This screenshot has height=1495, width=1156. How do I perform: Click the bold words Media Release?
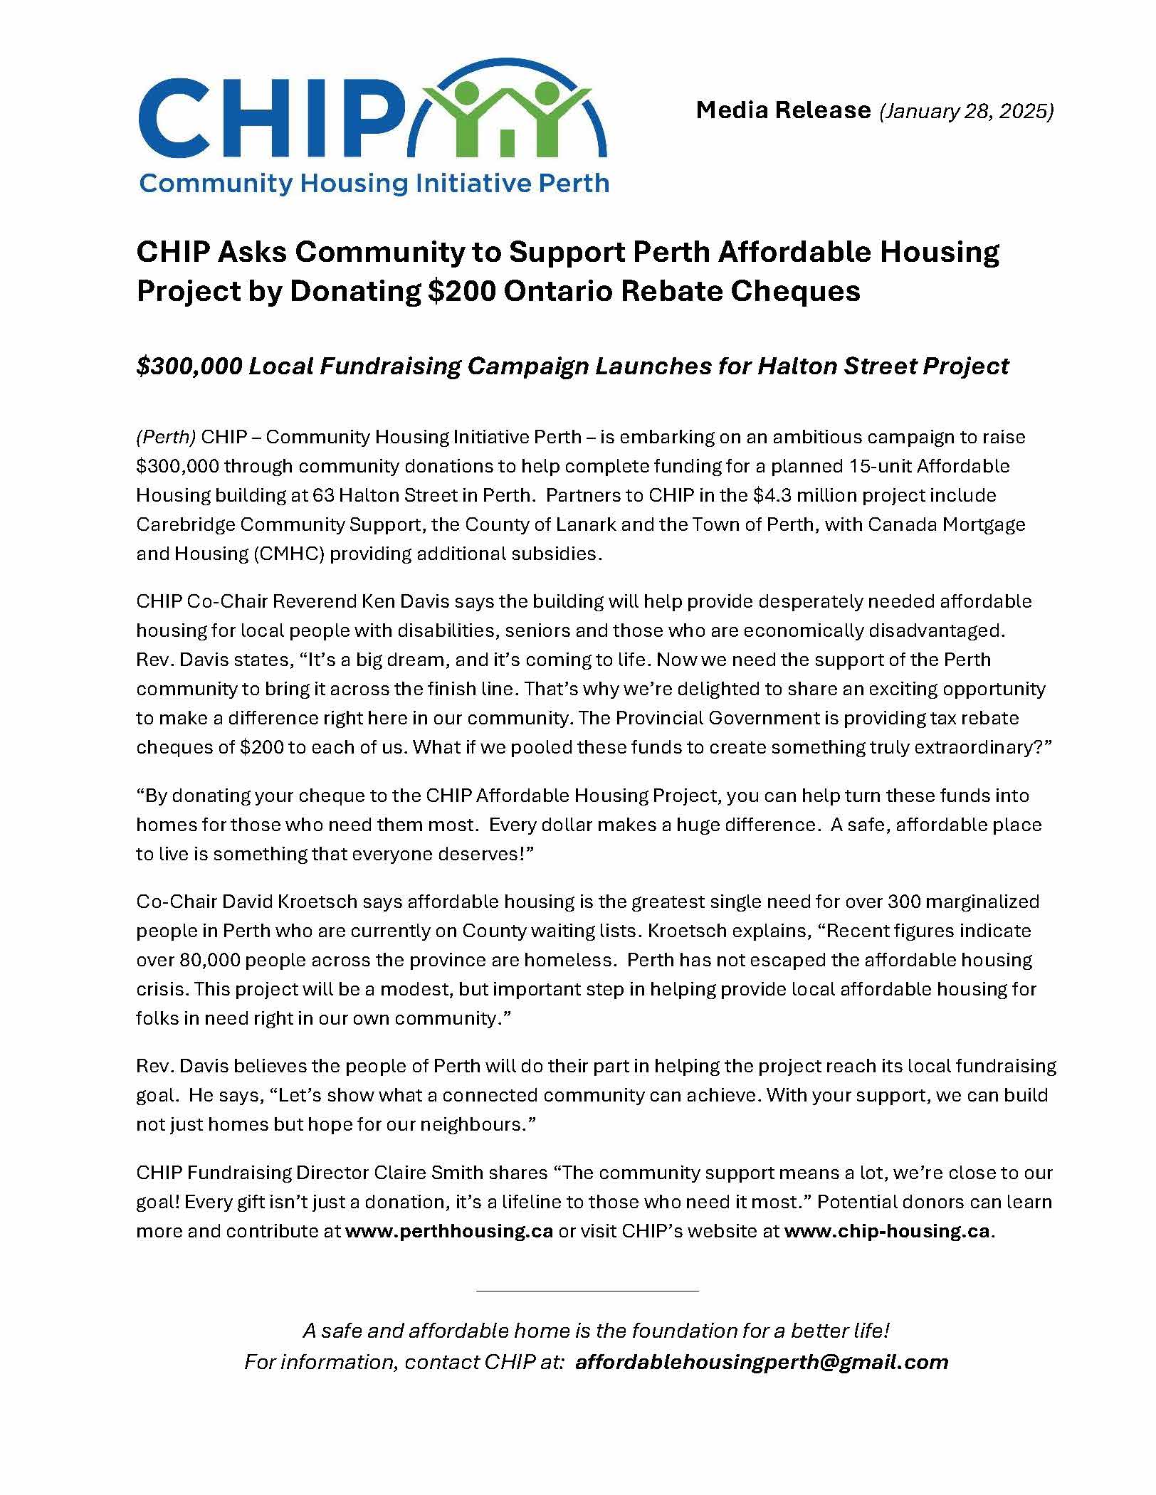point(783,110)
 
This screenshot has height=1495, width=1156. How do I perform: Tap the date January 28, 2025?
point(967,111)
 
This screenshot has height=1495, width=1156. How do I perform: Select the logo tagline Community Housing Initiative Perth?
point(374,184)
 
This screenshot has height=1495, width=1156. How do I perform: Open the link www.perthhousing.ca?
point(449,1231)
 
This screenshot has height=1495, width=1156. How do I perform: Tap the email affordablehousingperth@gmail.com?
point(762,1362)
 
